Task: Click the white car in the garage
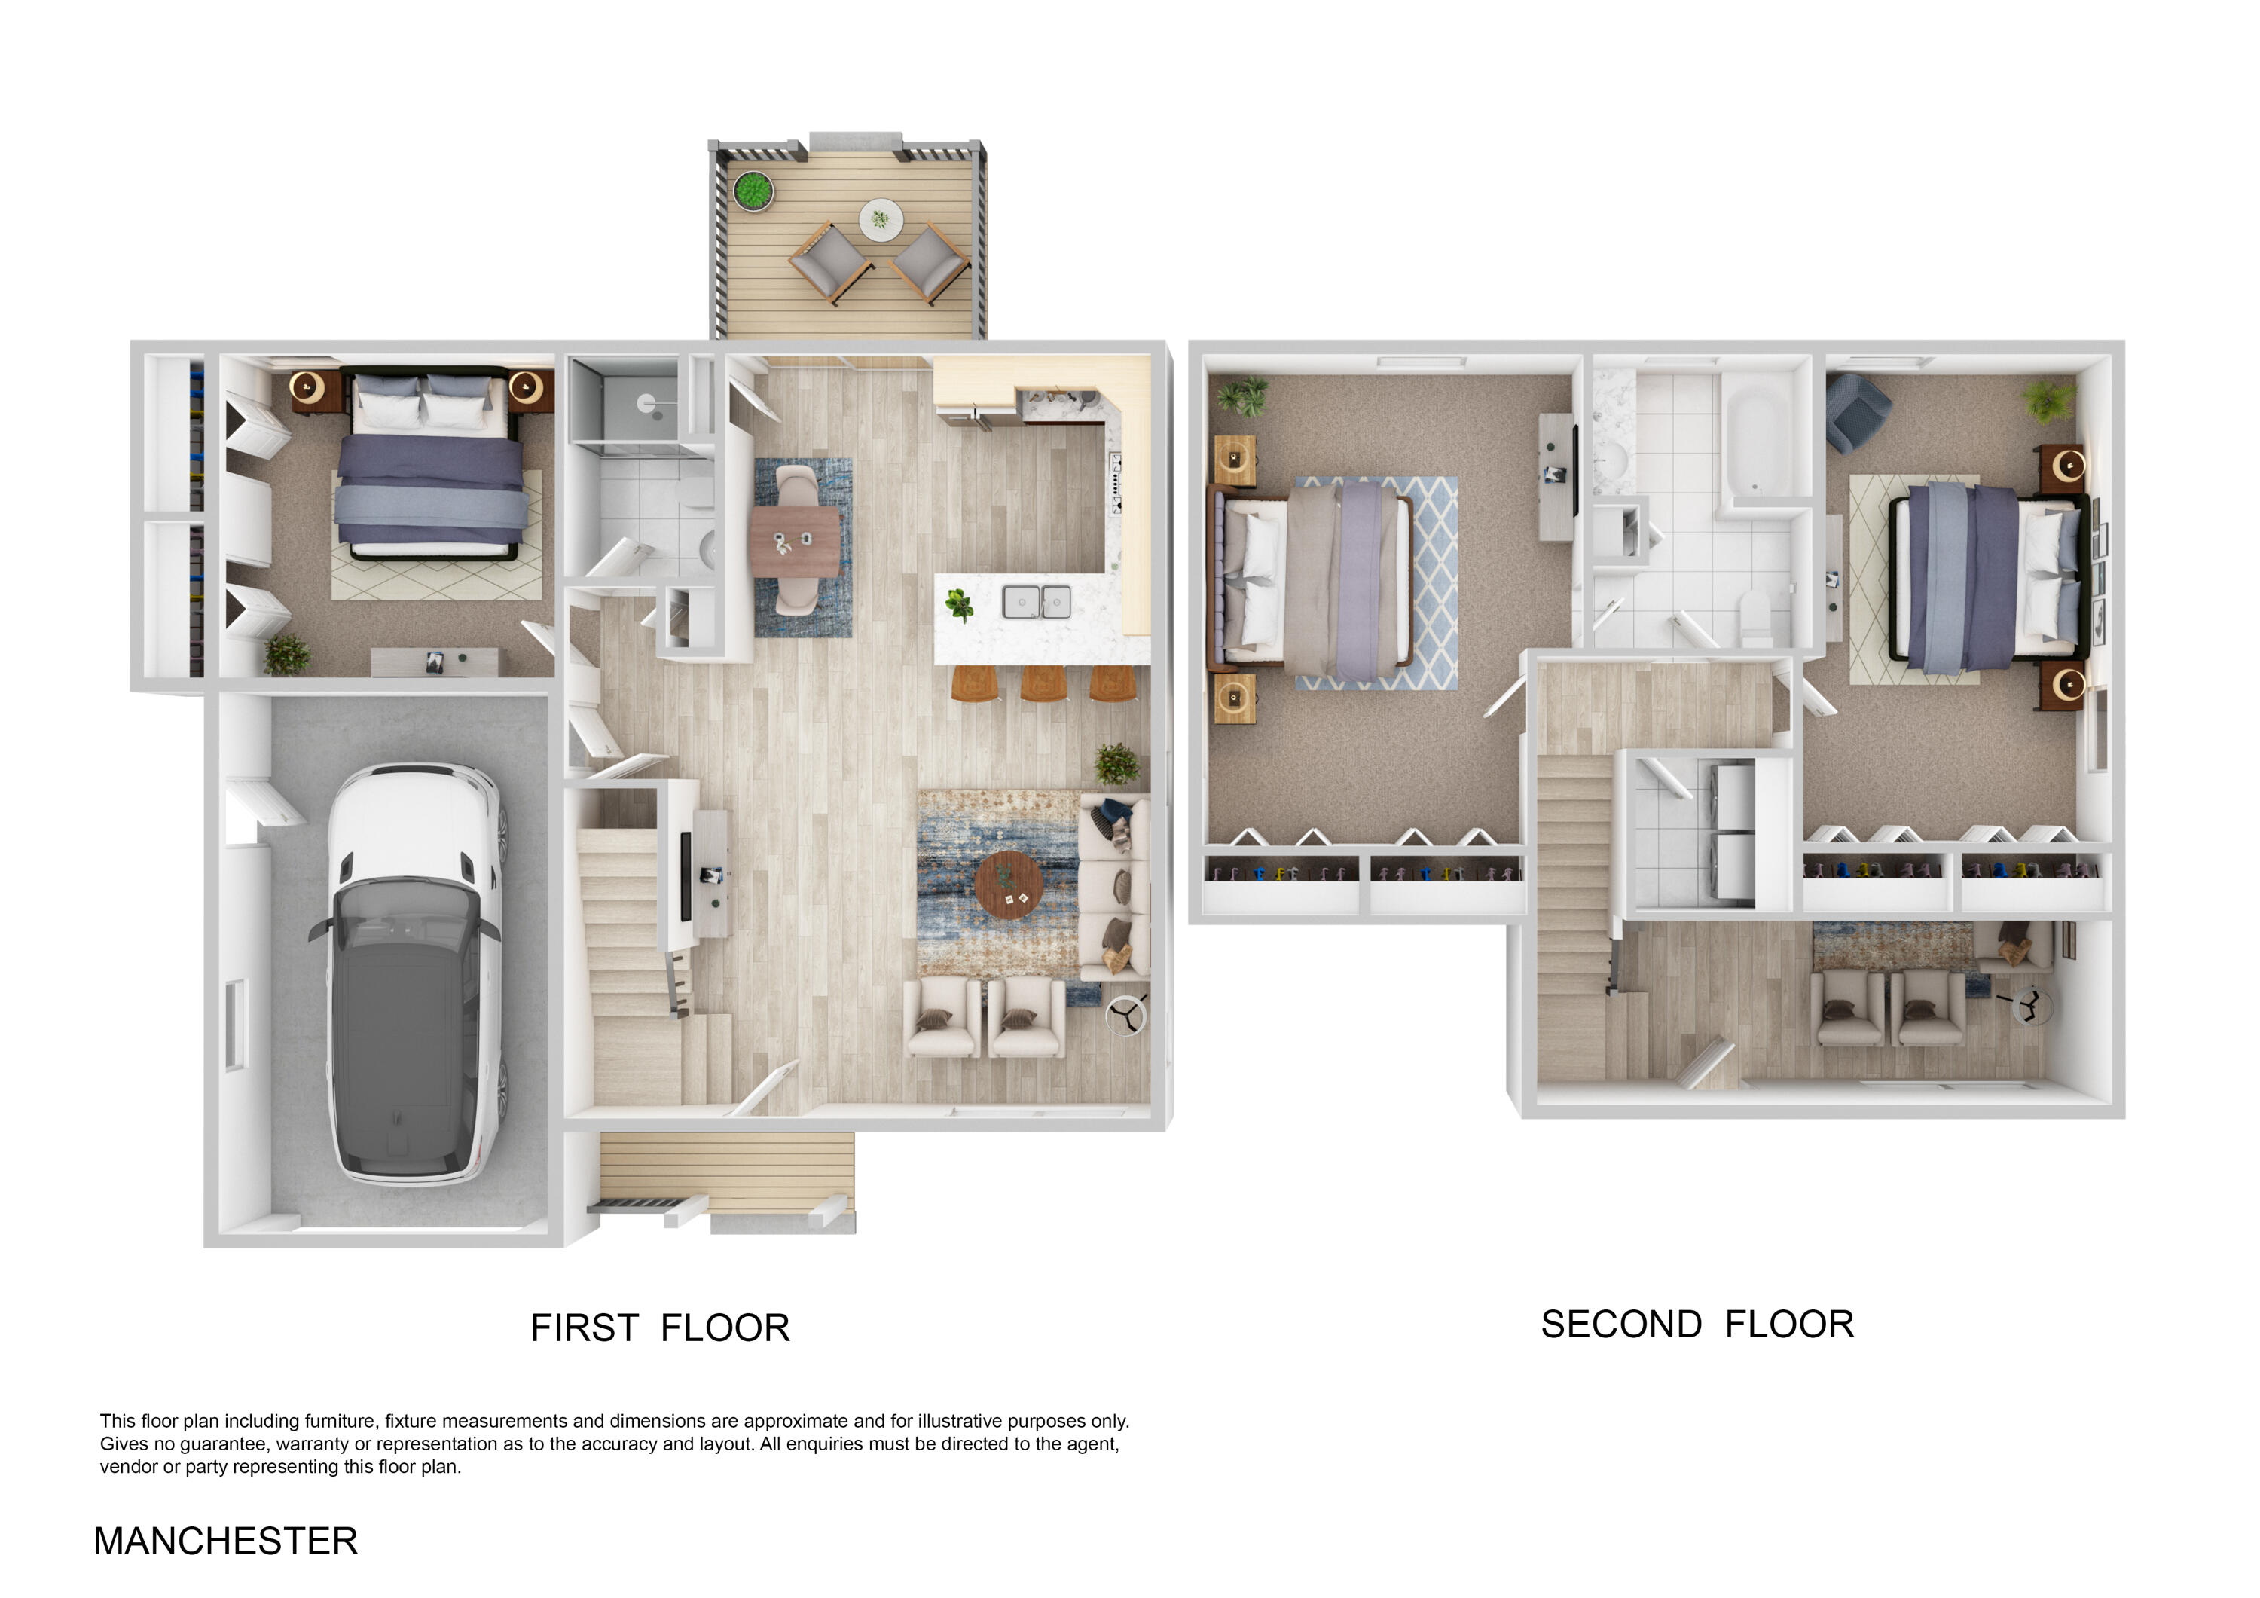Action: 414,975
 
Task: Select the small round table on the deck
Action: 880,219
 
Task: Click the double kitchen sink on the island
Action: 1037,600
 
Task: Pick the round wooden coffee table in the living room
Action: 1009,885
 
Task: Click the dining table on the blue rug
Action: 796,542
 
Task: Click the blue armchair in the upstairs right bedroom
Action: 1856,411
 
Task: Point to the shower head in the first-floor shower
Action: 646,402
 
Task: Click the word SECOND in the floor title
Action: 1620,1325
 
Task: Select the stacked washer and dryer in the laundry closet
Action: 1733,832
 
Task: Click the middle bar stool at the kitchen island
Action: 1043,683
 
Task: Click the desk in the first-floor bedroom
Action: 434,662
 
